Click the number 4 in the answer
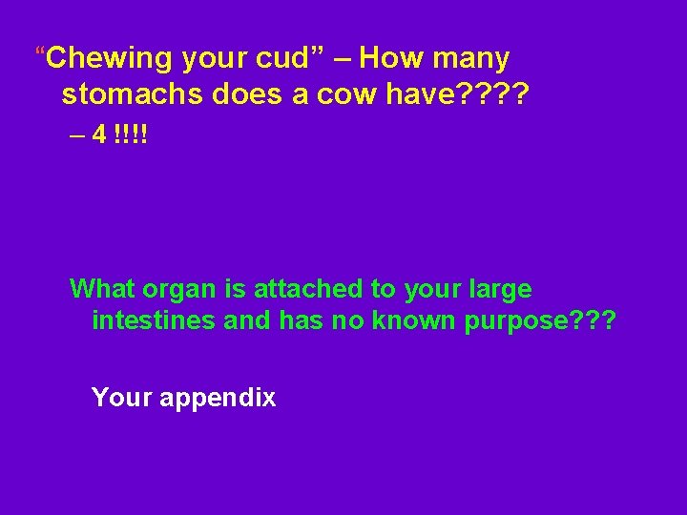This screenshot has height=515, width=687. (x=99, y=134)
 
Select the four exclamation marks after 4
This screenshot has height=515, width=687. (x=130, y=134)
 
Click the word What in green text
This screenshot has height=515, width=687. (x=103, y=288)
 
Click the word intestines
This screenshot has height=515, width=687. (x=154, y=320)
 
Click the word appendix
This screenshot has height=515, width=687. (x=218, y=398)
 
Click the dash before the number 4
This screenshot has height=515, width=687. (x=77, y=134)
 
